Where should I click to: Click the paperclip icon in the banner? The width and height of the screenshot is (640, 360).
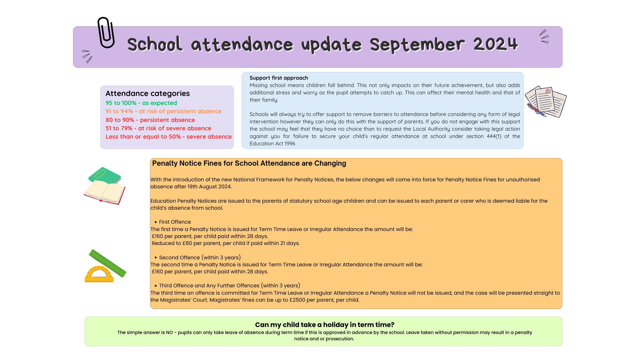click(x=106, y=33)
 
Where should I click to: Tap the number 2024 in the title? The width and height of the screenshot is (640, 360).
click(x=495, y=44)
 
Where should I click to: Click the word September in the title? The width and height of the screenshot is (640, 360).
click(x=417, y=45)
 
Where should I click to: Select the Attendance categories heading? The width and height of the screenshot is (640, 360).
click(x=147, y=93)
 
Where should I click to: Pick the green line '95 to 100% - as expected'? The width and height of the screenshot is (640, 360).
click(x=141, y=103)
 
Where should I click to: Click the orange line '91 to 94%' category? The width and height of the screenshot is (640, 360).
click(x=163, y=111)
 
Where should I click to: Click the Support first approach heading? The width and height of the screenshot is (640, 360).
click(x=279, y=78)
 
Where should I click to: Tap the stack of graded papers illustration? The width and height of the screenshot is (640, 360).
click(x=546, y=102)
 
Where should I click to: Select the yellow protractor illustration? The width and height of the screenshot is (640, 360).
click(x=99, y=275)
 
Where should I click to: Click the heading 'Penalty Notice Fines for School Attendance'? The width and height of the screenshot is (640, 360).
click(x=249, y=163)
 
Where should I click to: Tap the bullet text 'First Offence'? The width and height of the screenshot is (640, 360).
click(x=175, y=222)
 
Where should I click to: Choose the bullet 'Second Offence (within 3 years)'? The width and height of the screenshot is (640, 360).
click(x=200, y=258)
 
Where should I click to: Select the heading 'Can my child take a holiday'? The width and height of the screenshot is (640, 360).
click(x=324, y=325)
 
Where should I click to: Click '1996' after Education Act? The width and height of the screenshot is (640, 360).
click(x=290, y=144)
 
